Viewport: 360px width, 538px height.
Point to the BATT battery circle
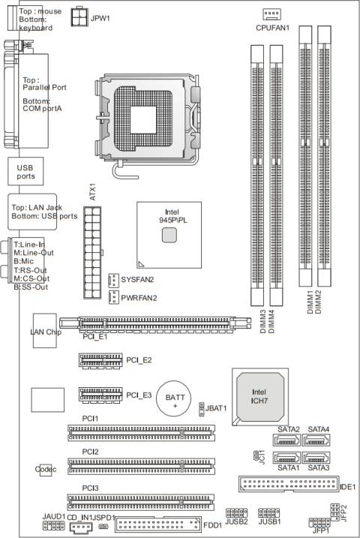coord(175,401)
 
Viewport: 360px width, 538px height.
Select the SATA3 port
coord(317,458)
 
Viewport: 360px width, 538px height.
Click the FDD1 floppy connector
coord(160,524)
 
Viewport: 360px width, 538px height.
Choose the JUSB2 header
coord(237,514)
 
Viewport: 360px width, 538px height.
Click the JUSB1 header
coord(268,514)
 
